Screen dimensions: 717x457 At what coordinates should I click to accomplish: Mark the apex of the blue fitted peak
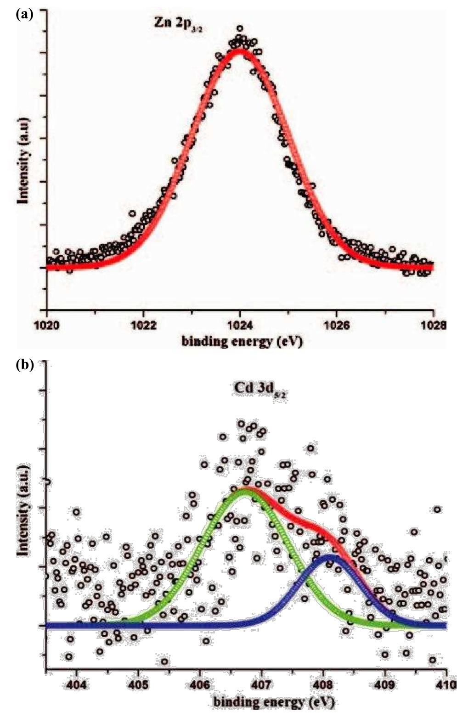coord(329,556)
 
